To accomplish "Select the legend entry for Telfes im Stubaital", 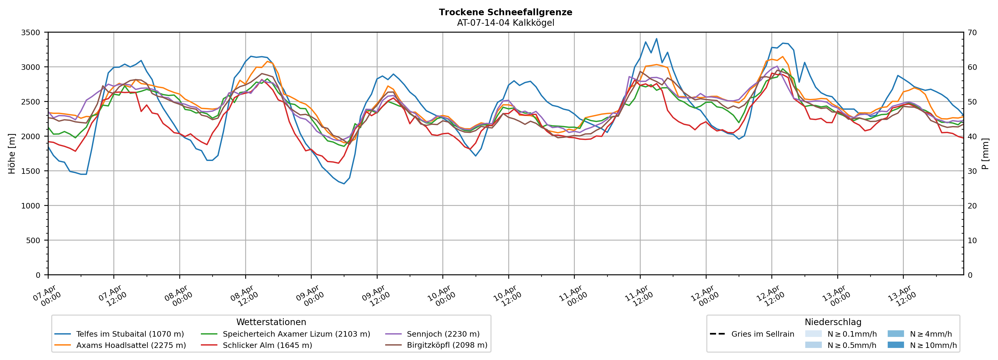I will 130,334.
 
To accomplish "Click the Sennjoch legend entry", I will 443,334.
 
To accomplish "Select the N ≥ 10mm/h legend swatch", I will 895,345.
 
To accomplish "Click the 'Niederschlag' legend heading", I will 833,322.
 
